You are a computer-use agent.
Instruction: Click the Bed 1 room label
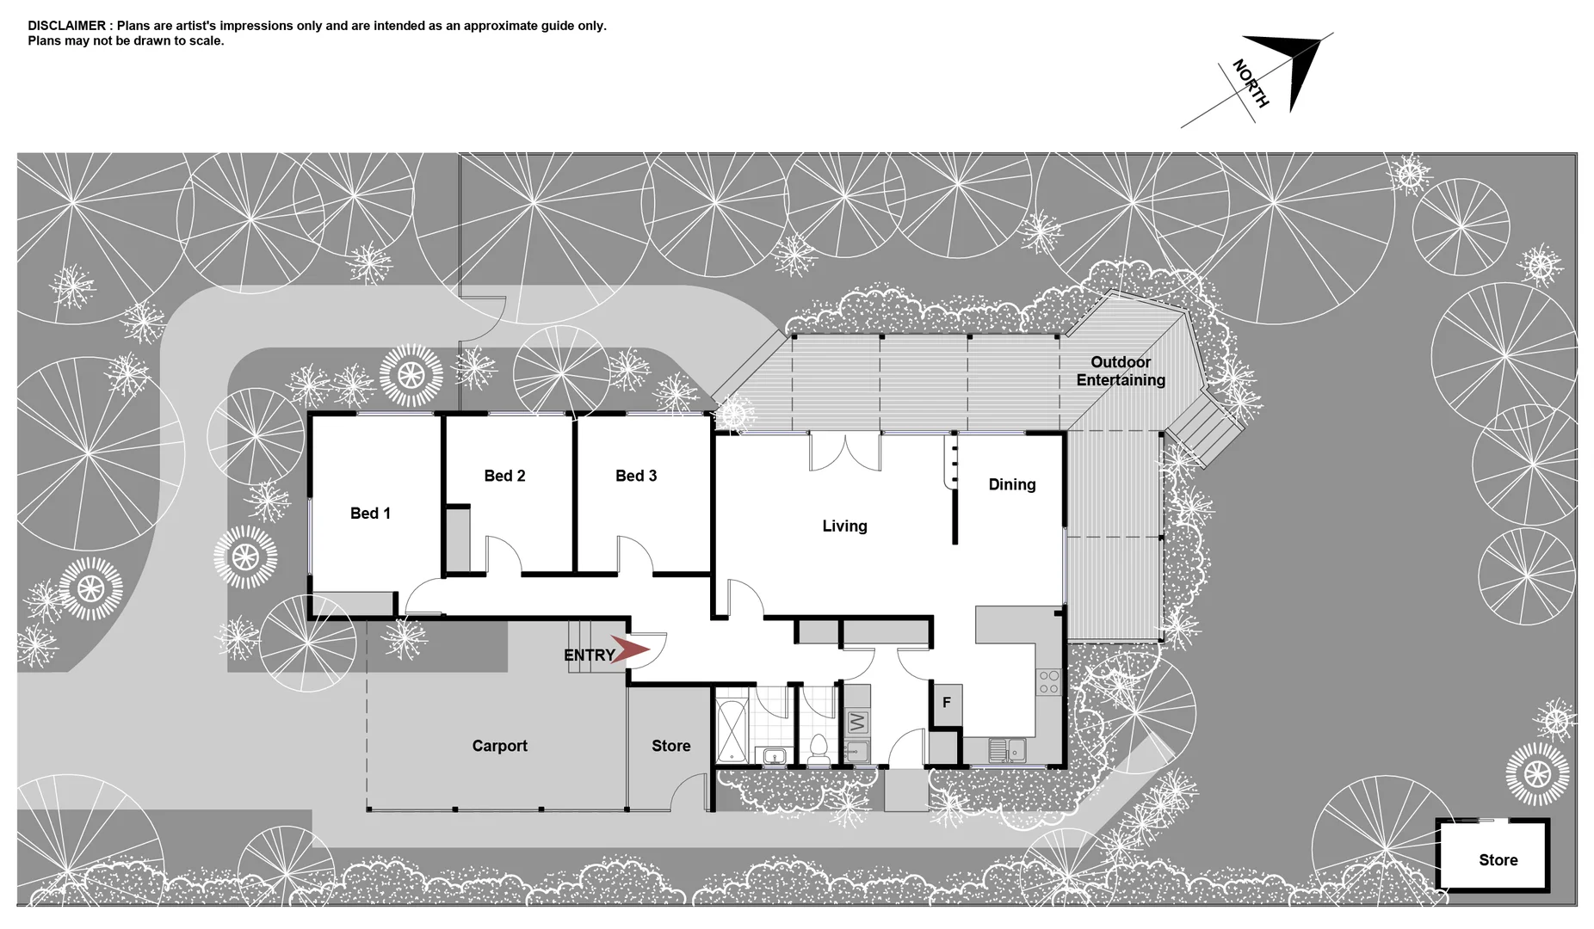coord(370,514)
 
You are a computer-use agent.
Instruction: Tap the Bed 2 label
coord(504,476)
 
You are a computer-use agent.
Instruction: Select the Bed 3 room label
coord(636,476)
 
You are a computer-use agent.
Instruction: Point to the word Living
coord(844,526)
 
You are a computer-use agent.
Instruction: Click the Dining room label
coord(1011,484)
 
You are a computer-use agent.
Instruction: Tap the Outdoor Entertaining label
coord(1121,371)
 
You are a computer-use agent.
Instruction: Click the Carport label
coord(499,746)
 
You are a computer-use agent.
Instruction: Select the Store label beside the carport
coord(670,746)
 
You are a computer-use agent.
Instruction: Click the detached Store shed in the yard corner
coord(1497,859)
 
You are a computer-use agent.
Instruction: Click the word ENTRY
coord(589,655)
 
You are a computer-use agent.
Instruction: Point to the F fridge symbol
coord(946,703)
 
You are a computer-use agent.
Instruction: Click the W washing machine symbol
coord(857,721)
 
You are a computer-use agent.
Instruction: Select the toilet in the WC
coord(818,750)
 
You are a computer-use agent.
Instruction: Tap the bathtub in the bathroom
coord(733,731)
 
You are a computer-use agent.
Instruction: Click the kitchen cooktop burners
coord(1048,682)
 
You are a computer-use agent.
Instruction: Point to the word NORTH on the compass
coord(1250,83)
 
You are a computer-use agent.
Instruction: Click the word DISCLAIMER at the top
coord(66,26)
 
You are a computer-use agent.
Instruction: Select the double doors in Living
coord(845,452)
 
